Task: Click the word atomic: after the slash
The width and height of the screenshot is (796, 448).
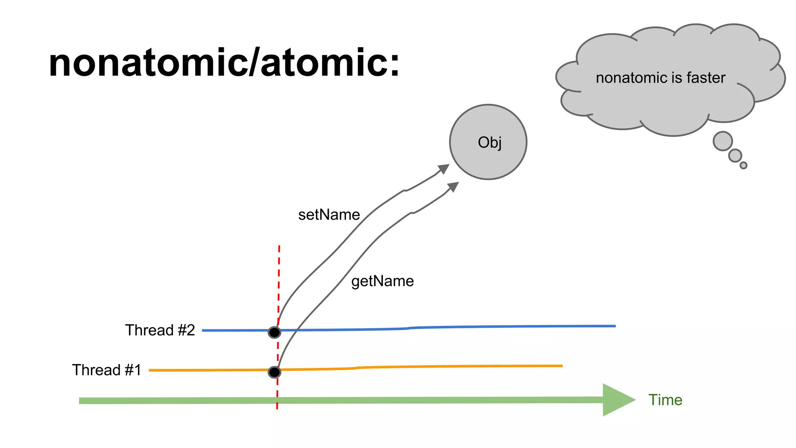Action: click(x=330, y=63)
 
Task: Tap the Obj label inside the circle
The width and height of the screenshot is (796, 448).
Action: click(x=489, y=142)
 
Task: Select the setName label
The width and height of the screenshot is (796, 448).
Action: click(x=329, y=215)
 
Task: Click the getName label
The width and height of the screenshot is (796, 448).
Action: click(x=382, y=281)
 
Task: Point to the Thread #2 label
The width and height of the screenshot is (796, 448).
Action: click(x=160, y=330)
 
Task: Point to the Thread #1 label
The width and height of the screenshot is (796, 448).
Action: click(x=106, y=370)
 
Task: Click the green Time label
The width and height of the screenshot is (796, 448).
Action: click(x=665, y=400)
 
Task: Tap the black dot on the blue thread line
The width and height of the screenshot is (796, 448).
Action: click(x=274, y=332)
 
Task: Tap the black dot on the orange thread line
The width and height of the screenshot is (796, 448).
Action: click(x=274, y=372)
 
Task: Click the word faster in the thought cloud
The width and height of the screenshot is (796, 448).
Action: click(x=706, y=78)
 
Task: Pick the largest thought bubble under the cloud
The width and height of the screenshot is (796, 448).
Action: click(x=723, y=141)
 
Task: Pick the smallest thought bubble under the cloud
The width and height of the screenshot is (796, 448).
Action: click(x=743, y=165)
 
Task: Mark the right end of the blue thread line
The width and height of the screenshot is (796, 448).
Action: click(x=614, y=326)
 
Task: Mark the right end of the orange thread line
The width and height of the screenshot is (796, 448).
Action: click(x=561, y=366)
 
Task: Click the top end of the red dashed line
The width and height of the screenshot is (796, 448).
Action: click(x=279, y=247)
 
